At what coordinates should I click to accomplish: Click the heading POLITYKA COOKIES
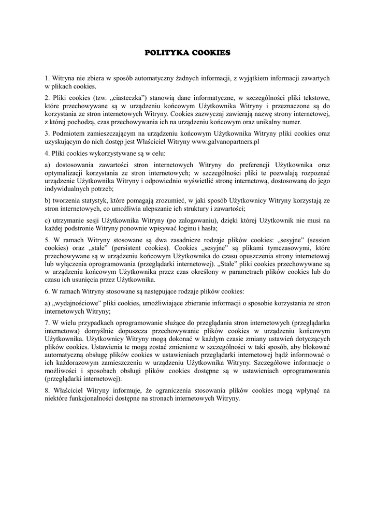point(187,52)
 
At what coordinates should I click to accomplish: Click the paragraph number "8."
point(48,390)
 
